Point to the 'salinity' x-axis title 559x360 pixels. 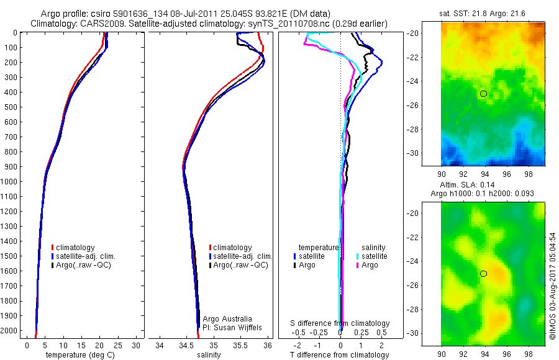pos(209,355)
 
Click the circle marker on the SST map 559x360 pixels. pos(484,94)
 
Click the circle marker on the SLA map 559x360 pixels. pos(484,274)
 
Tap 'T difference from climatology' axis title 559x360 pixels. pos(339,355)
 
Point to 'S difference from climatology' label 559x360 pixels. pos(340,323)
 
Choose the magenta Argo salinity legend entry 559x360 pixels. pos(369,265)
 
